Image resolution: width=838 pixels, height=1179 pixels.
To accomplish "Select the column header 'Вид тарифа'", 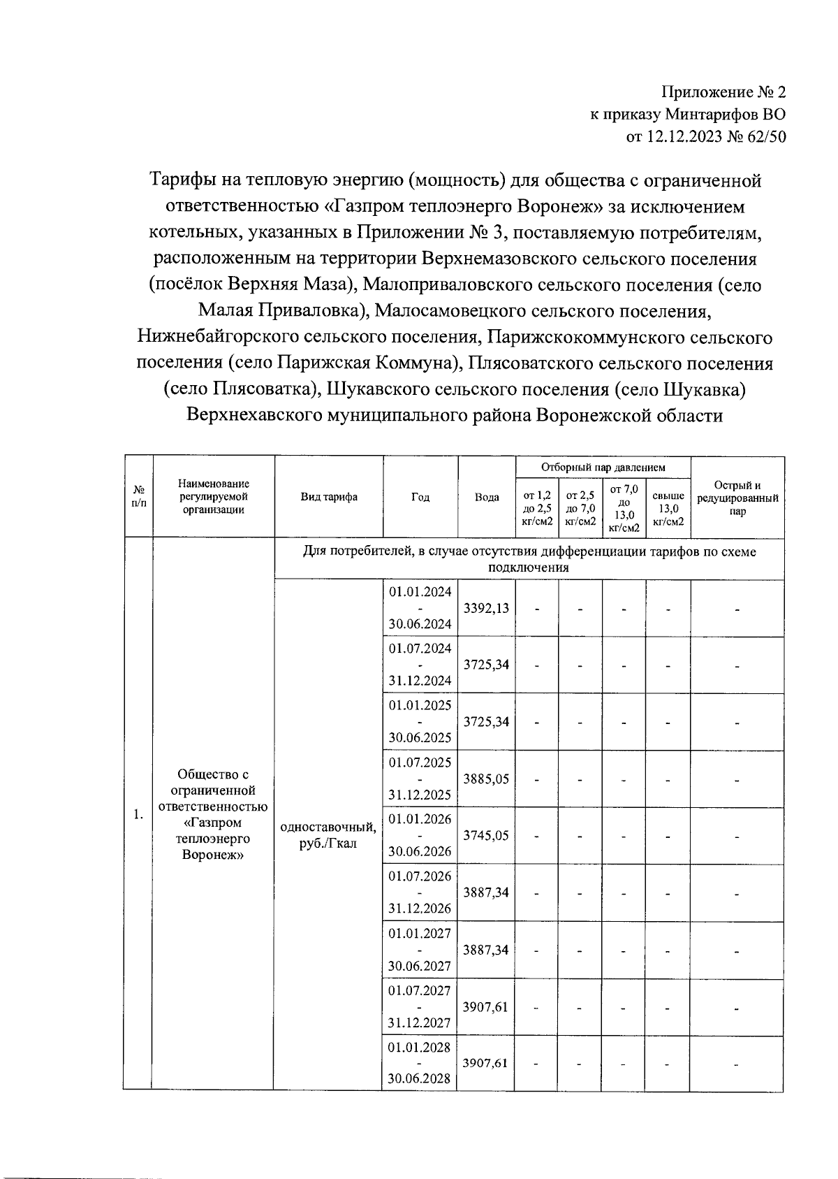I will (x=329, y=497).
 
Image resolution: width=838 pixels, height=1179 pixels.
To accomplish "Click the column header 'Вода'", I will (x=487, y=497).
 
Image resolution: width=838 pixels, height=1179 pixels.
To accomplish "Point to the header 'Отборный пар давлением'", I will (x=603, y=467).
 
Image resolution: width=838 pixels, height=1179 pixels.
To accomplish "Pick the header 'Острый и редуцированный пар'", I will (x=737, y=498).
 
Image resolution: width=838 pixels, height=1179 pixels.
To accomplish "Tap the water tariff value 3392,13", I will (x=487, y=608).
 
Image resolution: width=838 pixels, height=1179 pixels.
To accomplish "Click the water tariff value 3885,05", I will (x=487, y=779).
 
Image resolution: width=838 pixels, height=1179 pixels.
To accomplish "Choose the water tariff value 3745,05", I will (x=487, y=835).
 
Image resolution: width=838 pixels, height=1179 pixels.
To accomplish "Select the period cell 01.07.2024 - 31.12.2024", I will (x=420, y=664).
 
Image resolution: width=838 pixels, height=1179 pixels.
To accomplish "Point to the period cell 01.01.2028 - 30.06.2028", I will (x=420, y=1063).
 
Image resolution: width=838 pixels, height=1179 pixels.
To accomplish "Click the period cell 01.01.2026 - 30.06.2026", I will (x=420, y=835).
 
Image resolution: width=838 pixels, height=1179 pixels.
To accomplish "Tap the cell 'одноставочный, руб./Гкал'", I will (x=328, y=835).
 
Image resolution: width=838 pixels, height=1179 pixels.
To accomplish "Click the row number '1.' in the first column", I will (x=138, y=814).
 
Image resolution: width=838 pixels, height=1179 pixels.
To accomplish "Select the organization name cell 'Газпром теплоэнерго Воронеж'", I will (x=214, y=814).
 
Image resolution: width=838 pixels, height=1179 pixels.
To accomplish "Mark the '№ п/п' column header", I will (x=139, y=497).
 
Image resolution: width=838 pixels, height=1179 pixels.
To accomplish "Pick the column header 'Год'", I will (x=420, y=497).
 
